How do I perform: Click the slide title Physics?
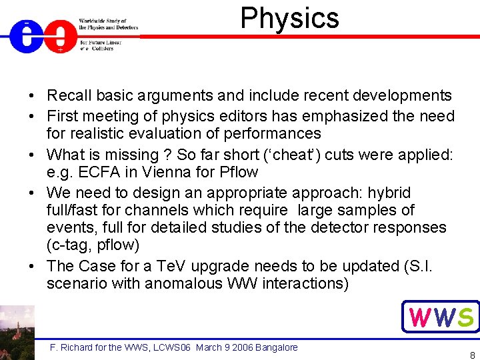289,19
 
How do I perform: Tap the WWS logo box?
441,317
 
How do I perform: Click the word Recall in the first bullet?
71,96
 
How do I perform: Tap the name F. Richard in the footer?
70,347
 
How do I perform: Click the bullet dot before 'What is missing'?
33,155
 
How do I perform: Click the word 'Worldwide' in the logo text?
94,21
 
